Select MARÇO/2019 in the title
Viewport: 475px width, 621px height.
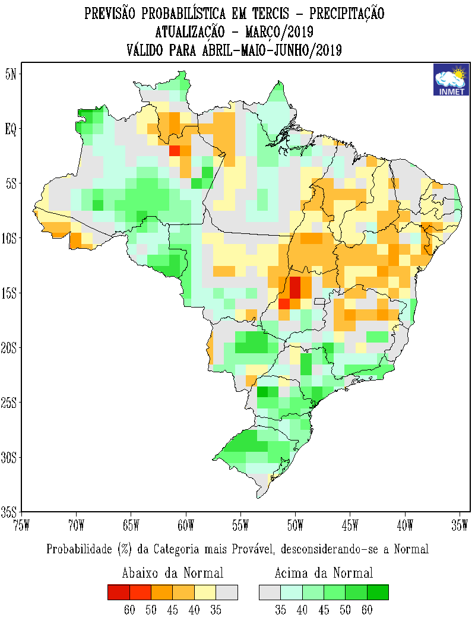[x=278, y=31]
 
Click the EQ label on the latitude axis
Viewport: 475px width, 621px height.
[x=11, y=129]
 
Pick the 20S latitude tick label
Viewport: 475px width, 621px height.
[x=10, y=347]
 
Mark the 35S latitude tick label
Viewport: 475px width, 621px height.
[x=10, y=512]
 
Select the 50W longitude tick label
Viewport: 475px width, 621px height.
[x=295, y=525]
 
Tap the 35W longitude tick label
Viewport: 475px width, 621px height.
[x=460, y=525]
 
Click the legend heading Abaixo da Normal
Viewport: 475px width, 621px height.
[x=172, y=573]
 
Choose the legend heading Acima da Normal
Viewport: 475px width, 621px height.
[x=324, y=573]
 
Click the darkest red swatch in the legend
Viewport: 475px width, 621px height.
[x=118, y=593]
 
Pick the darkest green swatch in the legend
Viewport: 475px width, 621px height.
[x=377, y=593]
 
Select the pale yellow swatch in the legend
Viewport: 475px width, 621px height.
[x=205, y=593]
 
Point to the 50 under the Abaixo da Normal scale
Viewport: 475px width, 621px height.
[x=151, y=610]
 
